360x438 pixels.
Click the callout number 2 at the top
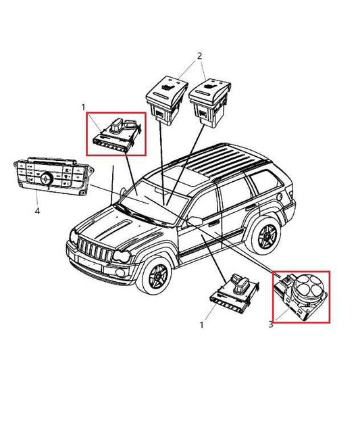click(x=199, y=56)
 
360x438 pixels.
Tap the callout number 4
click(x=37, y=211)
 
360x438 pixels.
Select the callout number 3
click(x=271, y=324)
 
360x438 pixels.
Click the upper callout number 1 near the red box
click(x=83, y=107)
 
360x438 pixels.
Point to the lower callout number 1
click(x=202, y=325)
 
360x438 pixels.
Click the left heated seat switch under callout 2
click(x=166, y=100)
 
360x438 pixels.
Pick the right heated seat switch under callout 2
click(x=210, y=101)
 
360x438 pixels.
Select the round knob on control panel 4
click(x=47, y=178)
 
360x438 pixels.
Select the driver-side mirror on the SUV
click(x=195, y=221)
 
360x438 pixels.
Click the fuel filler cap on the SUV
click(x=279, y=197)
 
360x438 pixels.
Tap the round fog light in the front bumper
click(x=120, y=273)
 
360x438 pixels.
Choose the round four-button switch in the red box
click(x=307, y=287)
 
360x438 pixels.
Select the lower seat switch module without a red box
click(x=234, y=292)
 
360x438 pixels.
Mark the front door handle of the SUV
click(x=214, y=222)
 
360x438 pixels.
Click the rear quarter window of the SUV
click(x=267, y=181)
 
